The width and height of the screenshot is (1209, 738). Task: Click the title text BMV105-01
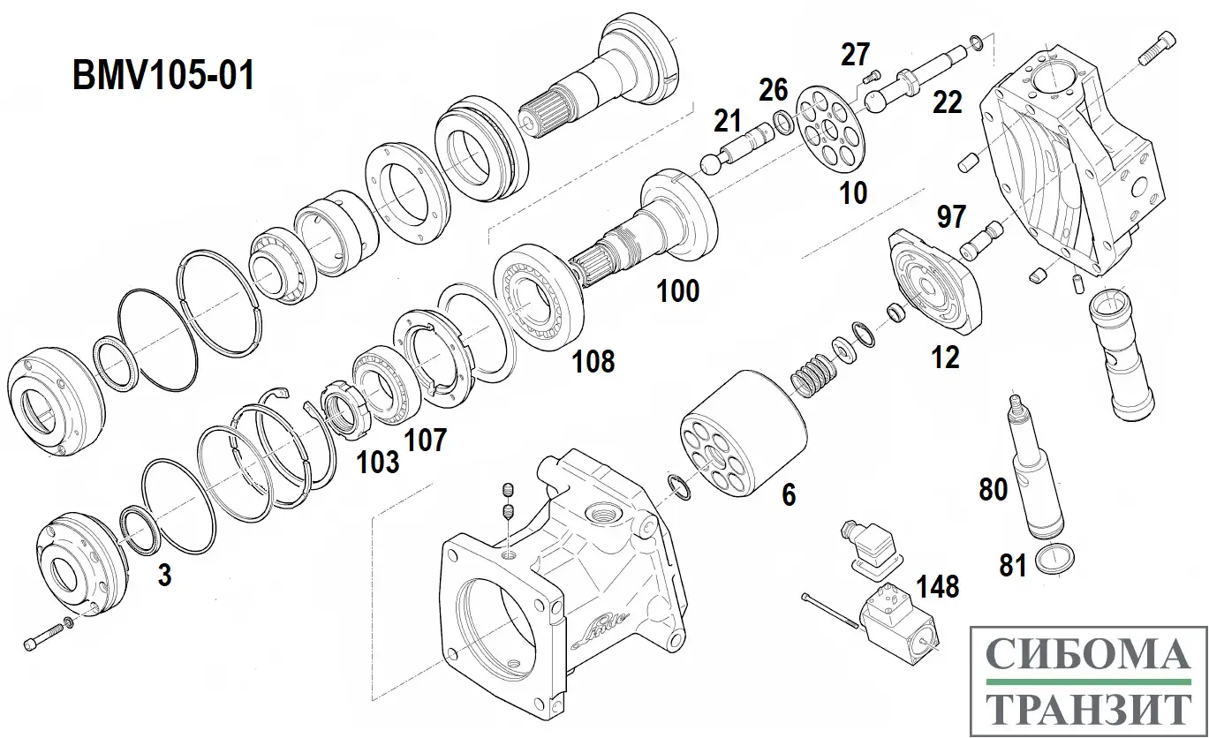(163, 76)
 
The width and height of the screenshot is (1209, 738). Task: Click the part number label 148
(937, 586)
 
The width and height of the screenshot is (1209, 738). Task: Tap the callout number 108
(593, 360)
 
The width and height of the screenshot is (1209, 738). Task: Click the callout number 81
(1012, 565)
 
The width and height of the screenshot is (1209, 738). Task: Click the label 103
(377, 461)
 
